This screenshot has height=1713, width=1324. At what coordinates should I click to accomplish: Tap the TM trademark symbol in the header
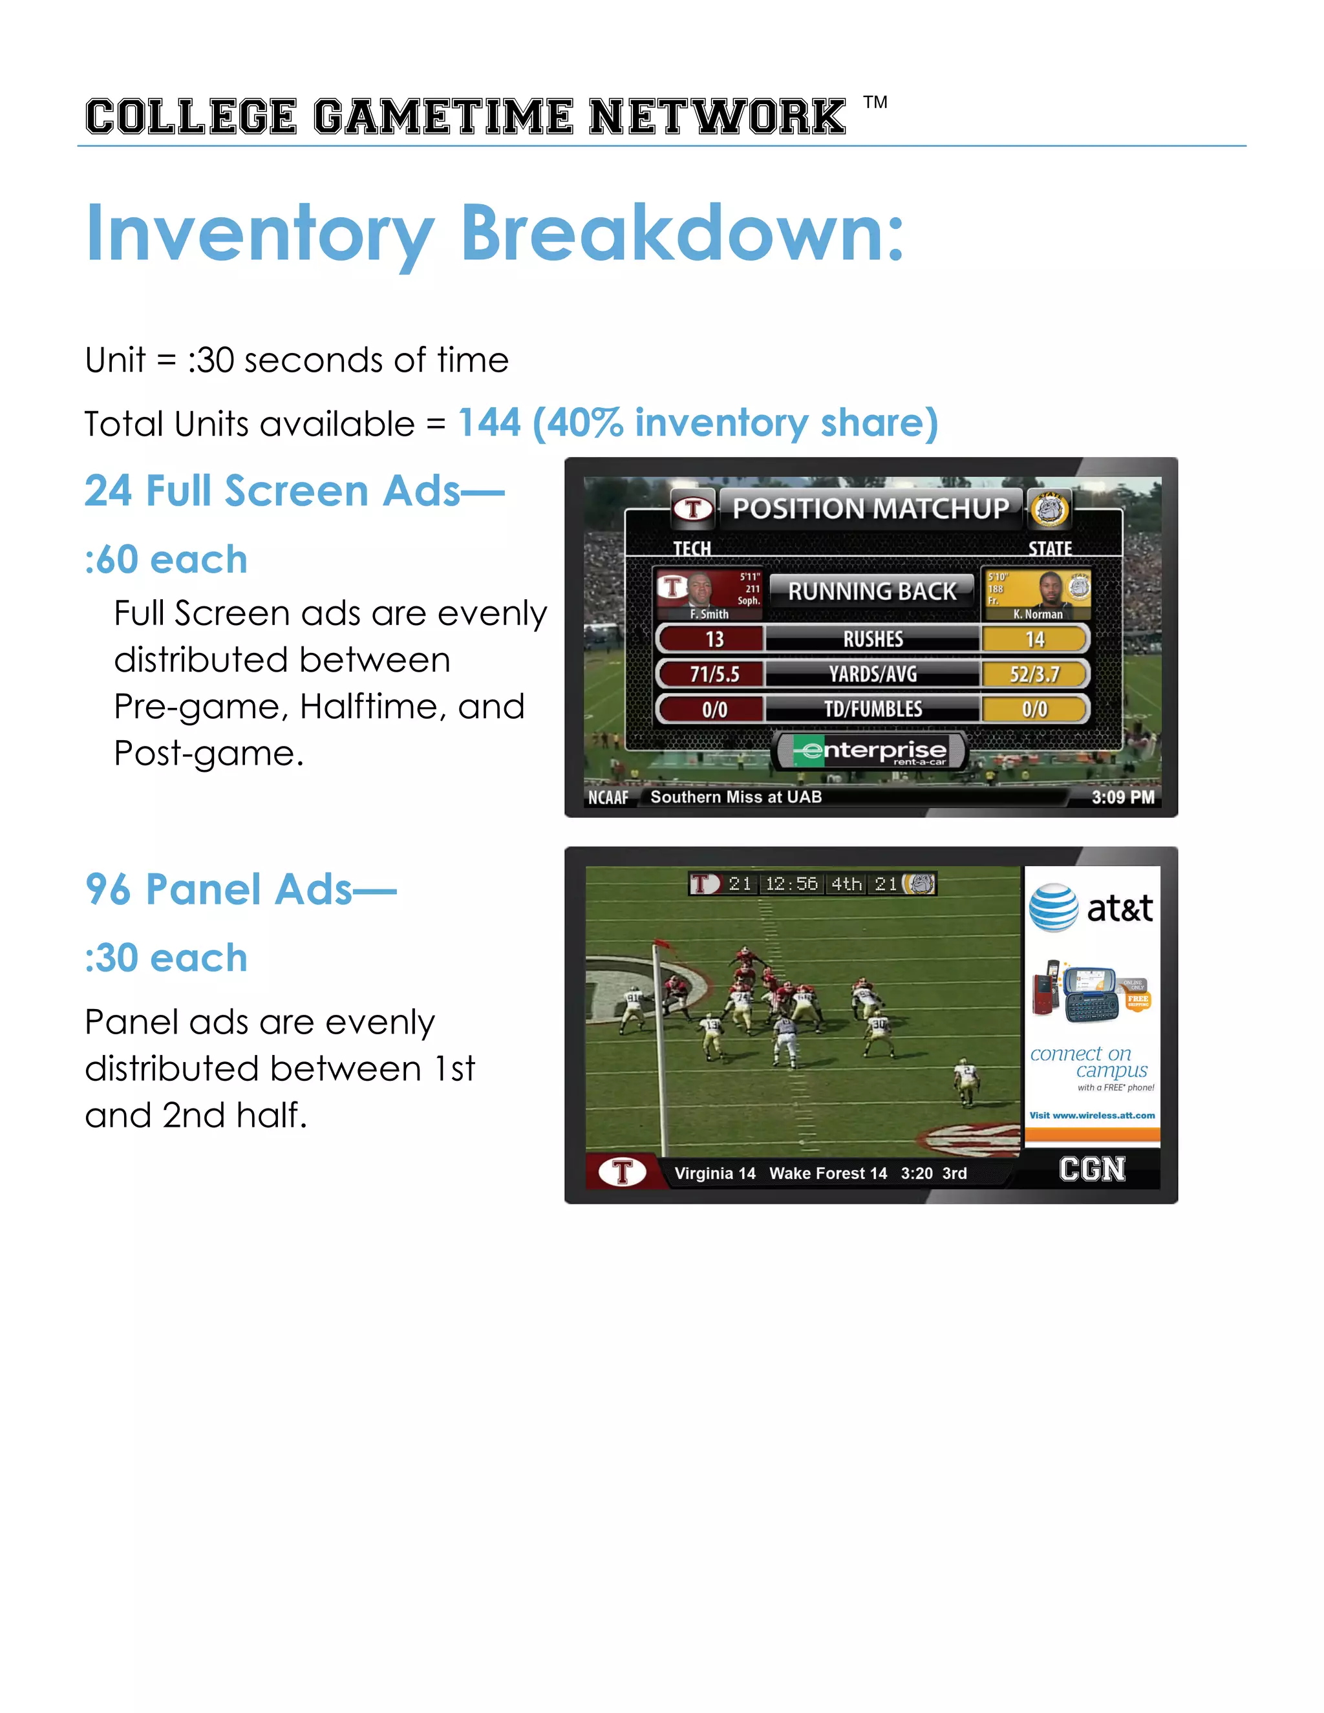click(x=875, y=103)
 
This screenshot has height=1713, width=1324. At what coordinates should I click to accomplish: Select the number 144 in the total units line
click(x=489, y=423)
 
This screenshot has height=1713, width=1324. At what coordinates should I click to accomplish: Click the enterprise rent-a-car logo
click(x=871, y=751)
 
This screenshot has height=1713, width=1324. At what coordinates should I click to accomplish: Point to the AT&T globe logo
click(x=1053, y=908)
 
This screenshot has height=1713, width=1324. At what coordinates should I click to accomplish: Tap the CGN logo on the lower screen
click(x=1092, y=1169)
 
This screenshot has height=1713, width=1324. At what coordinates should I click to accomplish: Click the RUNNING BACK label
click(x=871, y=591)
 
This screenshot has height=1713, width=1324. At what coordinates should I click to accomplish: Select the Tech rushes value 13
click(x=714, y=639)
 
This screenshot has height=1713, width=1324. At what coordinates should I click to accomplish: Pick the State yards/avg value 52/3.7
click(x=1034, y=674)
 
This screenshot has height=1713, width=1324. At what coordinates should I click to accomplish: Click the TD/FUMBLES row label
click(x=872, y=709)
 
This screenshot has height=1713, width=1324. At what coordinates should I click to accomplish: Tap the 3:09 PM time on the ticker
click(x=1122, y=797)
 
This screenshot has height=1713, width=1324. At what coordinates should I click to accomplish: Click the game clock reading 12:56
click(x=791, y=884)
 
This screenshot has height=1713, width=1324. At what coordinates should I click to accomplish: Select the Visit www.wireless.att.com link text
click(x=1092, y=1114)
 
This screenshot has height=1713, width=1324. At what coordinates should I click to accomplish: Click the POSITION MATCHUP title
click(x=871, y=509)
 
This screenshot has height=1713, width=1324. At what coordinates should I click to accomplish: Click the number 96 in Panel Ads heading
click(x=108, y=889)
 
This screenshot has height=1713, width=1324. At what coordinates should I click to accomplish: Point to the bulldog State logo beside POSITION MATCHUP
click(x=1049, y=509)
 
